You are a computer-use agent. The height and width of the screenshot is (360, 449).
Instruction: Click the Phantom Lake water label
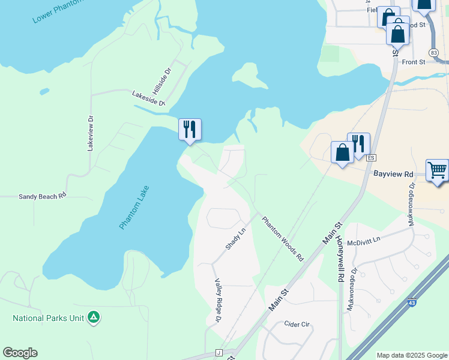[134, 208]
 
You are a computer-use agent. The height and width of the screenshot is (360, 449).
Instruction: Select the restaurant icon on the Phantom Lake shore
[190, 130]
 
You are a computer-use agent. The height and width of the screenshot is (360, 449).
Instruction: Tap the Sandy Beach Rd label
[41, 196]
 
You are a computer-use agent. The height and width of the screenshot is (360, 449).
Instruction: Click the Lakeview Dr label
[91, 133]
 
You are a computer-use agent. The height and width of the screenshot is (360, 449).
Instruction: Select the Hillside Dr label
[169, 79]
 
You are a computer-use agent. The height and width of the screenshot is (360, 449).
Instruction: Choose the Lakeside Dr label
[148, 98]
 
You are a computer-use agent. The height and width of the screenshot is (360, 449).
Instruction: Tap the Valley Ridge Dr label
[218, 303]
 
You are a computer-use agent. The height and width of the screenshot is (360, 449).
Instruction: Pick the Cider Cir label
[297, 324]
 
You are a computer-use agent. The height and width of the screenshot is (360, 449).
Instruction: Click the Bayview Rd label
[393, 174]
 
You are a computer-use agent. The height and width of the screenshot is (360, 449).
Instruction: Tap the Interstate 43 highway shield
[412, 305]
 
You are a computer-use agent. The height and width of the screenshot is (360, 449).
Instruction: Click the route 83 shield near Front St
[434, 53]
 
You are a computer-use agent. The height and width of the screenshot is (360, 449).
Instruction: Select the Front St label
[414, 62]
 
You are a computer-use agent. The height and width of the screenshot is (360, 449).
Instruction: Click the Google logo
[20, 353]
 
